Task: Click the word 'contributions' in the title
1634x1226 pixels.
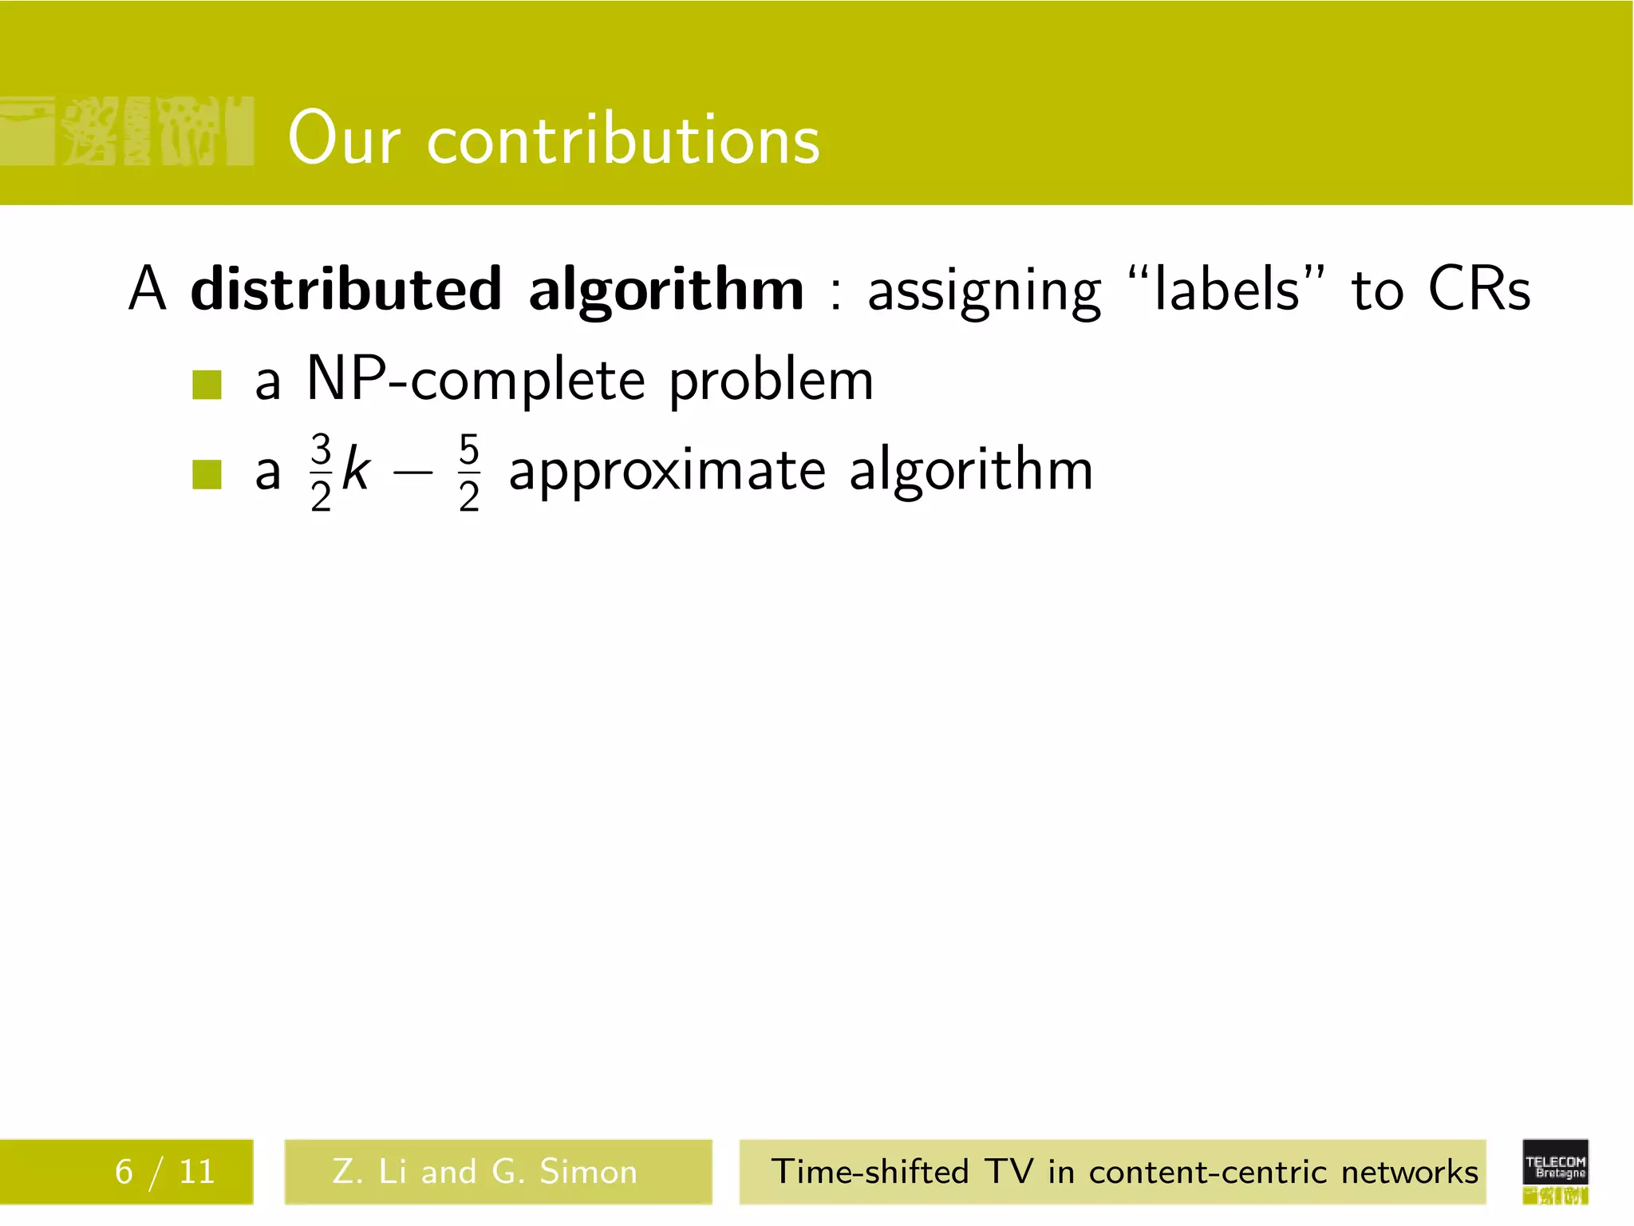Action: [x=623, y=139]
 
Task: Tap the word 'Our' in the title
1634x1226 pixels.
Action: [x=343, y=139]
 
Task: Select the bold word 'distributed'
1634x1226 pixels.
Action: [x=346, y=289]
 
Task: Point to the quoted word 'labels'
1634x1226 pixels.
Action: [x=1227, y=289]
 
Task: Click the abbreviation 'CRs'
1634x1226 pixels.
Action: [x=1478, y=289]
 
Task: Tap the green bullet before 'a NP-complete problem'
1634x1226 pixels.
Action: [x=207, y=385]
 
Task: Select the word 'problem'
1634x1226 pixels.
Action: [x=771, y=382]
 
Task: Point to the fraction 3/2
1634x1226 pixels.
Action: [x=321, y=472]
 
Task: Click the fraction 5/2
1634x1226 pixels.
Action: [x=469, y=472]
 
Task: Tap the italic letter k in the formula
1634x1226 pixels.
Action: [x=355, y=470]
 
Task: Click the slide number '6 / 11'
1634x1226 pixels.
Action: [x=164, y=1172]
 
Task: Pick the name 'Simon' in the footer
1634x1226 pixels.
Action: [x=588, y=1172]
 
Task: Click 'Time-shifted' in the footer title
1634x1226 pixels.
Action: [x=870, y=1172]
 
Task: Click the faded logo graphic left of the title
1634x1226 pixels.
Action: [x=128, y=132]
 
